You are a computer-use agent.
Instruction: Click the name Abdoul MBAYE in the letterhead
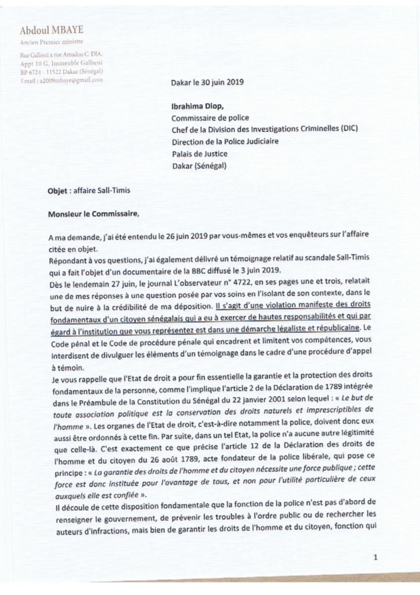(51, 31)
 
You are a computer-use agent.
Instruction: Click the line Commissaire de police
(210, 117)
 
